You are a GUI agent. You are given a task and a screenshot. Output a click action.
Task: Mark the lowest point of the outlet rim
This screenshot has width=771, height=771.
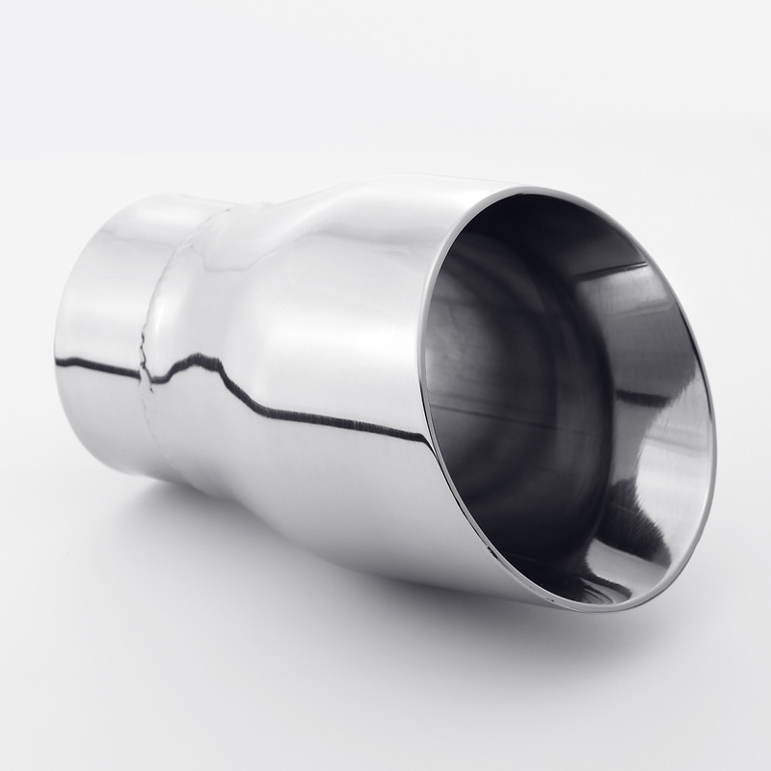(617, 606)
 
